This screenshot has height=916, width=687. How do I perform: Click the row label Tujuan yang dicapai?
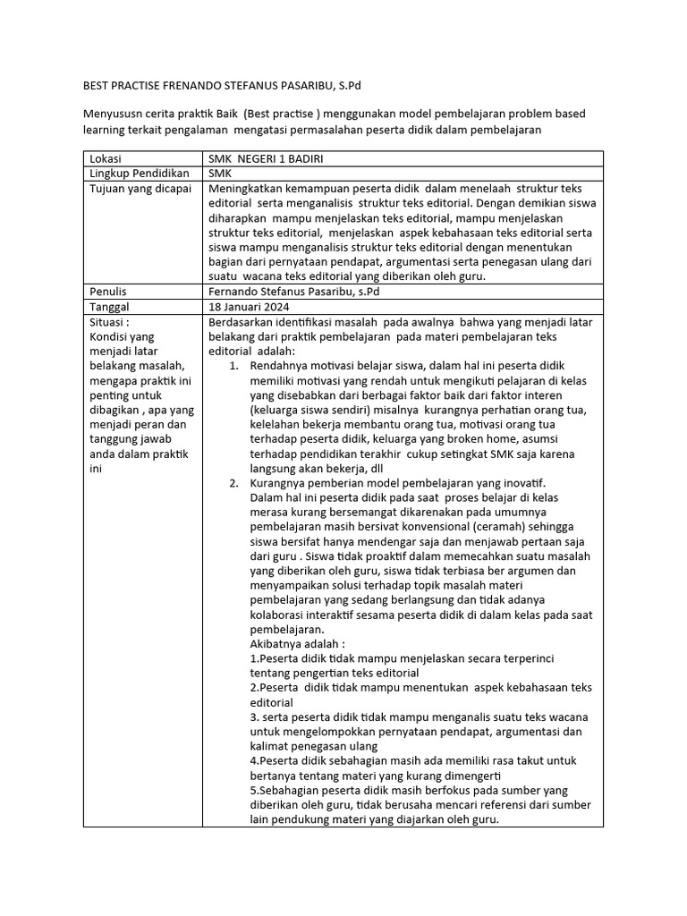click(x=137, y=189)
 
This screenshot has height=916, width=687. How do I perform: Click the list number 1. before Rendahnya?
click(x=233, y=366)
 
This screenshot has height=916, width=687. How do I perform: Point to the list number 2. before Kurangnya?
click(x=233, y=483)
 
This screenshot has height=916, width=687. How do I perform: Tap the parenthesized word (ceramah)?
click(x=513, y=527)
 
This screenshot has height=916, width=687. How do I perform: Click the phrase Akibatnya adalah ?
click(x=298, y=644)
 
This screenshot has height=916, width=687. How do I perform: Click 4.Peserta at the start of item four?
click(x=276, y=760)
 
